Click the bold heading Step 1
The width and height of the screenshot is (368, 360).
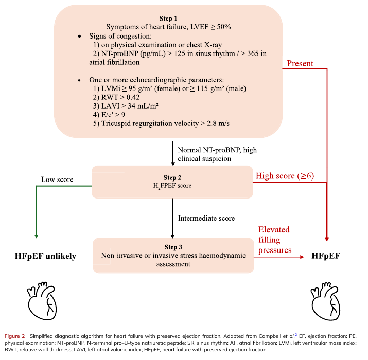168,19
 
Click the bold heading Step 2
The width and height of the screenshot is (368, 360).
172,177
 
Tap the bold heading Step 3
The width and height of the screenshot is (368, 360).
173,247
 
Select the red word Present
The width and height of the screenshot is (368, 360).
300,63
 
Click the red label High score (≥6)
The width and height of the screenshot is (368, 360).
285,176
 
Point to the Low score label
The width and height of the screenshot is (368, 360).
57,179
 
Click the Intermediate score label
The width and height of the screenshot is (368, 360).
206,219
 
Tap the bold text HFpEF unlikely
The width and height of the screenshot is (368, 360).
45,256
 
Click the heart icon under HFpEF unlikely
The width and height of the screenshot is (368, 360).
42,301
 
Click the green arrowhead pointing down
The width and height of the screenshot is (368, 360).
37,236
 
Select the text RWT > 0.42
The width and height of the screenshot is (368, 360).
116,97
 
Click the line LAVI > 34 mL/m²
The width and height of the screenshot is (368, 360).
126,106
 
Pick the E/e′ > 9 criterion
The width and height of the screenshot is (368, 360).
109,115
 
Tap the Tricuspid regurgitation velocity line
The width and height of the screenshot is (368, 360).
161,123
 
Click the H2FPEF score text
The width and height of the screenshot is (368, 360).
172,186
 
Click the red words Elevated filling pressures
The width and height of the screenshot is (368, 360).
275,240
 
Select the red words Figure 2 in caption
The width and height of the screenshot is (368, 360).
14,336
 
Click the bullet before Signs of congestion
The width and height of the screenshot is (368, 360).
80,37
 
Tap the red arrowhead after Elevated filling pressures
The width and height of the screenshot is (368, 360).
302,257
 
